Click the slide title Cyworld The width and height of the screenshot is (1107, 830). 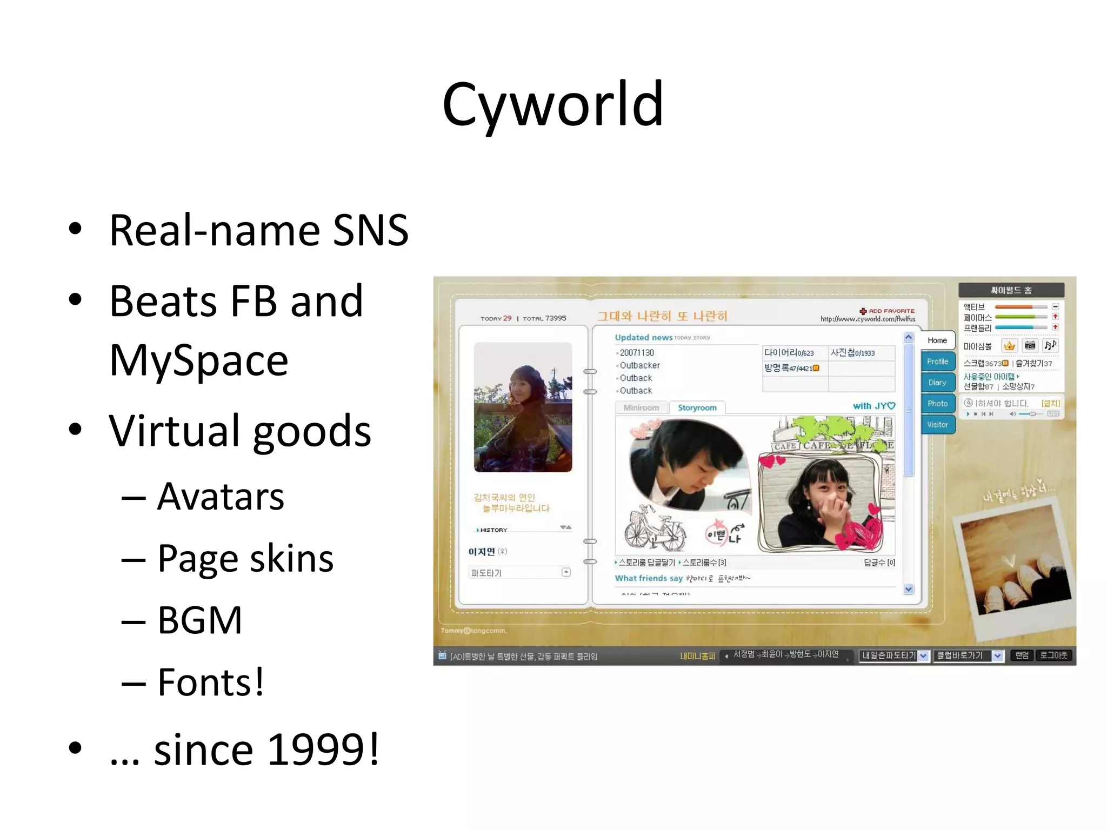click(x=552, y=104)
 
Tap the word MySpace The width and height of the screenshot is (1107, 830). click(x=198, y=360)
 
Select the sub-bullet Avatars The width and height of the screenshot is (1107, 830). click(x=221, y=497)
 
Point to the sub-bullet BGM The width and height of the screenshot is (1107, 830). click(x=199, y=620)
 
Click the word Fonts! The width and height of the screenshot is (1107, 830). click(x=211, y=682)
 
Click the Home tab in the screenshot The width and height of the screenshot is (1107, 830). click(x=937, y=340)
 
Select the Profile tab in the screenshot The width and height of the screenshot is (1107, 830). click(x=937, y=362)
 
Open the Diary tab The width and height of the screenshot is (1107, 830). click(x=937, y=383)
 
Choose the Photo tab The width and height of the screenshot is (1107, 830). click(x=937, y=404)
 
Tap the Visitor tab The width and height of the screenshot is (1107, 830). click(x=937, y=425)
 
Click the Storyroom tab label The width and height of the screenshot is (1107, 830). click(x=697, y=408)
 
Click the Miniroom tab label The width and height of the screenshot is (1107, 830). click(x=641, y=408)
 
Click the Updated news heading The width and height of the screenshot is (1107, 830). click(x=643, y=338)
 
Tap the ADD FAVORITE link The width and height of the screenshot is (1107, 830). click(x=891, y=311)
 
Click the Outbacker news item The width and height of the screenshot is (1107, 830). click(x=639, y=366)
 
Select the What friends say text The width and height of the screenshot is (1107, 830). click(x=649, y=578)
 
